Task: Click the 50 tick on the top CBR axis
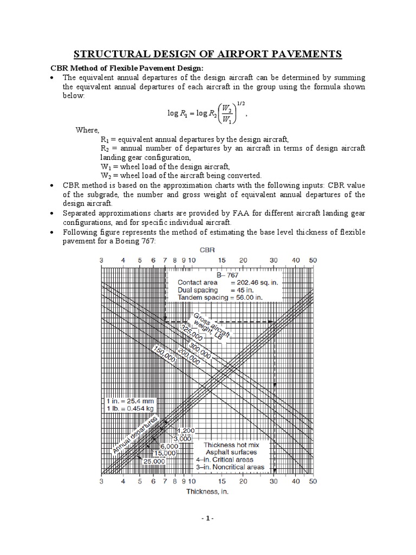(313, 260)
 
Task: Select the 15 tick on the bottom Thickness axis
(222, 481)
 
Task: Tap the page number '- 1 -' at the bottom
(207, 533)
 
